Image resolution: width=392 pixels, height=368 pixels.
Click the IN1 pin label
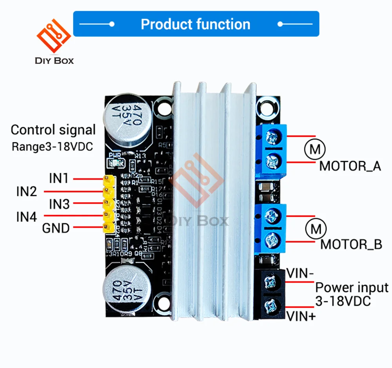59,179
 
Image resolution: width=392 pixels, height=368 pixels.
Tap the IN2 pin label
27,191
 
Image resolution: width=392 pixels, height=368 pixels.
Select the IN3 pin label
59,204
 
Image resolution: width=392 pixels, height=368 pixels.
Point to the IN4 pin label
27,216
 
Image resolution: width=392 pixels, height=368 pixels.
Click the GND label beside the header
56,228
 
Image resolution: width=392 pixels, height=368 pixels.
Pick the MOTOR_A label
350,166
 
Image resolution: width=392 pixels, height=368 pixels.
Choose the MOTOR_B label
351,245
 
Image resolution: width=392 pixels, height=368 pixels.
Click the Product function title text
195,24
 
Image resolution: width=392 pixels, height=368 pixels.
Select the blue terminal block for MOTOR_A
271,149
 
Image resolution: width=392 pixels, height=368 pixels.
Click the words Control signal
53,130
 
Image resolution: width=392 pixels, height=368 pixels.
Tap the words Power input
352,288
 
